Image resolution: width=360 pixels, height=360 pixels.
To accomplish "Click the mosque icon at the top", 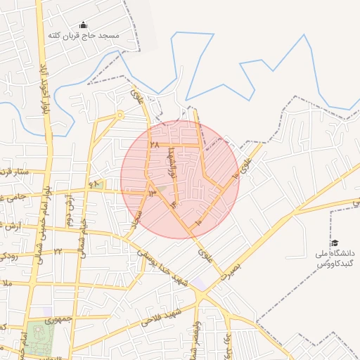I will [x=83, y=25].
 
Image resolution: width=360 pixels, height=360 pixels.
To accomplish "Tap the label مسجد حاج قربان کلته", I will [x=83, y=35].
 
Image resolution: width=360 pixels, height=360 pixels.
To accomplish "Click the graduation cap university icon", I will [x=333, y=243].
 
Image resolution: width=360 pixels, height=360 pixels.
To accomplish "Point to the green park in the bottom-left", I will [x=41, y=339].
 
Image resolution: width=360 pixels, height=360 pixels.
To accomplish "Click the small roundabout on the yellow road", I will [x=120, y=114].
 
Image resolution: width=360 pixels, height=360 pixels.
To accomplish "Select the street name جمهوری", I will [x=59, y=320].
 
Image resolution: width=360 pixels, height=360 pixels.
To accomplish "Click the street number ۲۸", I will [x=155, y=145].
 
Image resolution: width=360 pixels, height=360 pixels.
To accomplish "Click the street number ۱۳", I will [x=152, y=192].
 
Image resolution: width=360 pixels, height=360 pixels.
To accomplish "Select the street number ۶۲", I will [x=94, y=184].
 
